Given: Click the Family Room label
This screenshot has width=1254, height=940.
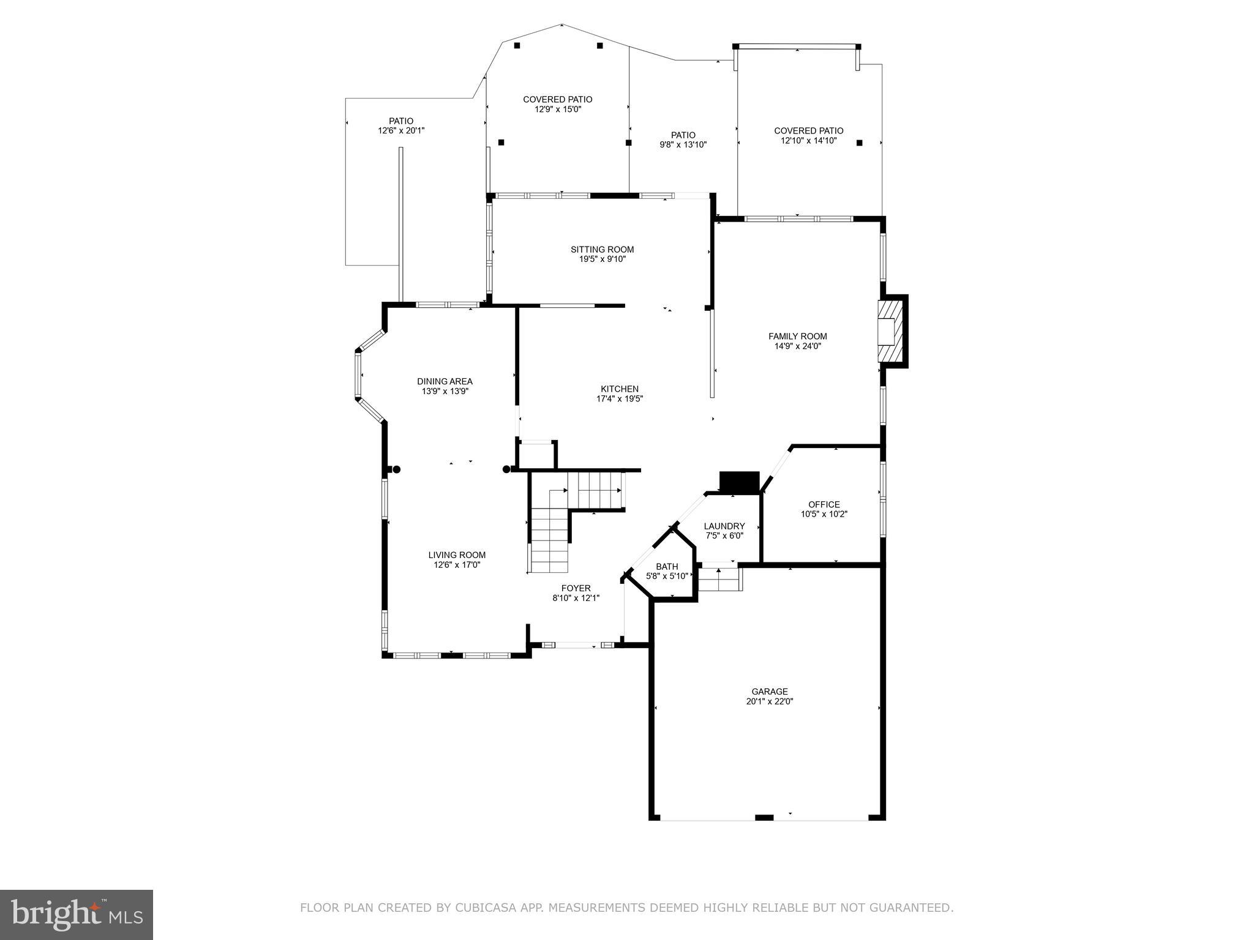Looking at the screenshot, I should pyautogui.click(x=797, y=336).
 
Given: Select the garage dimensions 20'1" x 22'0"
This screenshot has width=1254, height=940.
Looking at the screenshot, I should pyautogui.click(x=769, y=701).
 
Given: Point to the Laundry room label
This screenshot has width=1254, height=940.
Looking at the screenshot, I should pyautogui.click(x=724, y=526).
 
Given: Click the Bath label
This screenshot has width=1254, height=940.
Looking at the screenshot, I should pyautogui.click(x=667, y=567).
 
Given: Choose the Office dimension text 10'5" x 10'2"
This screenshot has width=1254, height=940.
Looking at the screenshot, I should pyautogui.click(x=824, y=515).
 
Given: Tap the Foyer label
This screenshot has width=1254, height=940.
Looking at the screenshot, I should pyautogui.click(x=576, y=589).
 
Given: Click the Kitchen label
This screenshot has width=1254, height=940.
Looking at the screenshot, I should pyautogui.click(x=619, y=389).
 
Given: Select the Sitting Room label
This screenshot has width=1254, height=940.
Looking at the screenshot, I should pyautogui.click(x=602, y=250).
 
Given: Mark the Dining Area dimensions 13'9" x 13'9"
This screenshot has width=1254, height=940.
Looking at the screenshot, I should pyautogui.click(x=445, y=391).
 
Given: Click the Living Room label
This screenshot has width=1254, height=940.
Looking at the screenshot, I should pyautogui.click(x=457, y=555).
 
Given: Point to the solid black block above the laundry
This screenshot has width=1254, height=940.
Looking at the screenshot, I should pyautogui.click(x=739, y=482).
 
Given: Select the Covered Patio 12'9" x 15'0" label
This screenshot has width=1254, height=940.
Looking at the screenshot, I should pyautogui.click(x=557, y=104).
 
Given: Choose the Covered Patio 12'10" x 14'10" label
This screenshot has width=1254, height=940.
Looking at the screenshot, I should pyautogui.click(x=808, y=135).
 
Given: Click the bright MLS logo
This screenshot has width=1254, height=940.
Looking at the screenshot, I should pyautogui.click(x=77, y=914).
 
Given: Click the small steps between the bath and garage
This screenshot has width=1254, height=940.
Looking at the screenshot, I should pyautogui.click(x=719, y=579).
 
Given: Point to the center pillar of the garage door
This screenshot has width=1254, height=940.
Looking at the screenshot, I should pyautogui.click(x=764, y=818).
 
